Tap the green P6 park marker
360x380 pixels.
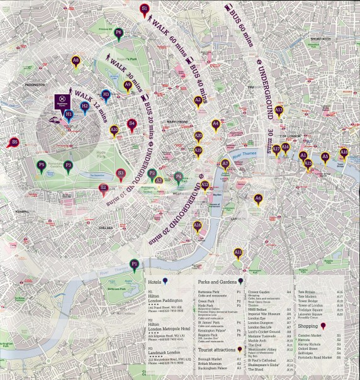(x=118, y=33)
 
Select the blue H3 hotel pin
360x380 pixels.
(x=106, y=95)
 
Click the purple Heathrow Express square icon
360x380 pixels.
(x=62, y=99)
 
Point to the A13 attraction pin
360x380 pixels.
(x=279, y=111)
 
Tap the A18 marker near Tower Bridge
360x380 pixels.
(x=344, y=153)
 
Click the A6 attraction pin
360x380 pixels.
(x=258, y=199)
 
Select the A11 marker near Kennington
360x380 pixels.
(x=239, y=253)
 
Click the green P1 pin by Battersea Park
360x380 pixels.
(x=134, y=264)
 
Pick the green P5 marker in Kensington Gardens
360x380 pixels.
(x=42, y=166)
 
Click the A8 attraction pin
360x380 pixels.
(x=76, y=61)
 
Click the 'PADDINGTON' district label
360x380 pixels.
(x=32, y=84)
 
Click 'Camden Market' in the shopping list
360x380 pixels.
(x=313, y=337)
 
